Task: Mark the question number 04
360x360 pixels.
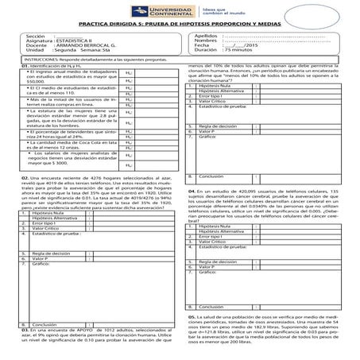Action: pyautogui.click(x=192, y=192)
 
